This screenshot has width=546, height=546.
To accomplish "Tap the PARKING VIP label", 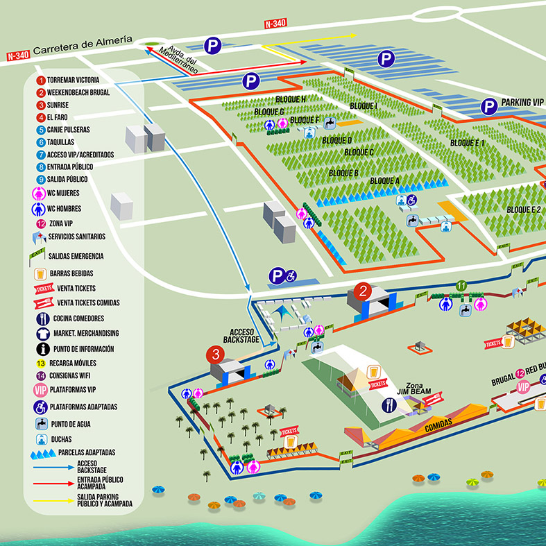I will click(x=522, y=103).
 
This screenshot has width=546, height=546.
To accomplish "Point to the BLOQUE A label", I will click(x=384, y=180).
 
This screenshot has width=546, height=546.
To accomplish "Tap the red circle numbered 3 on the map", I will click(x=216, y=355).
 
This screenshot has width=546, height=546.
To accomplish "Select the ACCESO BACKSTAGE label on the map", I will click(x=240, y=336).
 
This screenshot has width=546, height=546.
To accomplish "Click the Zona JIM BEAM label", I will click(x=413, y=388).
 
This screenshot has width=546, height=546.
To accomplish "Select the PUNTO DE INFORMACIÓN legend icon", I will click(x=41, y=348).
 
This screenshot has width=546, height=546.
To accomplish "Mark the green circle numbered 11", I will click(x=461, y=285).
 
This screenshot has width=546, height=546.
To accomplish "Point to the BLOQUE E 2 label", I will click(x=523, y=209).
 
